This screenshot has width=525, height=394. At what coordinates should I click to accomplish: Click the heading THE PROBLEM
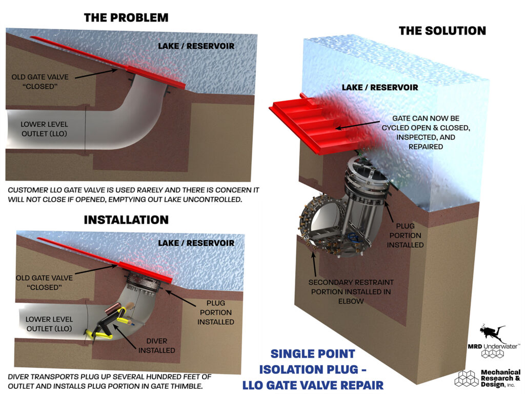(x=126, y=17)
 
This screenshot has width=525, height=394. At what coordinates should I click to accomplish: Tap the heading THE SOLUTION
(x=442, y=31)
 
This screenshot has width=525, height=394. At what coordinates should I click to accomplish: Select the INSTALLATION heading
(x=126, y=220)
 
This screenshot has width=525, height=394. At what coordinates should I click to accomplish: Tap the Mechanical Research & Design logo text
(x=500, y=379)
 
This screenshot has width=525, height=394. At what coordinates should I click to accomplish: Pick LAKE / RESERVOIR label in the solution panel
(x=380, y=88)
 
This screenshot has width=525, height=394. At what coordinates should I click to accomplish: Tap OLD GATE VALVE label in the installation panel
(x=45, y=282)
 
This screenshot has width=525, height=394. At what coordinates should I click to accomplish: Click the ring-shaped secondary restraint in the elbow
(x=313, y=226)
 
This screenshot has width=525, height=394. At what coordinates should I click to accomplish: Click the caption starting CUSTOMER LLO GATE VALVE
(x=133, y=194)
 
